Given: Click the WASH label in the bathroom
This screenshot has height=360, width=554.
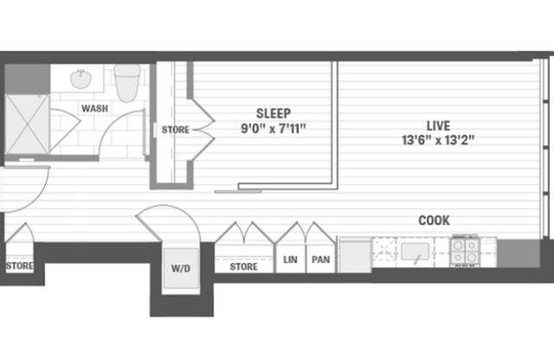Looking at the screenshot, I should click(93, 109).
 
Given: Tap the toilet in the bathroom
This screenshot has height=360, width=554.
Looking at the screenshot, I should click(128, 81).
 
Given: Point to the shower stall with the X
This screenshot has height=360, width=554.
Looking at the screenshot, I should click(26, 122).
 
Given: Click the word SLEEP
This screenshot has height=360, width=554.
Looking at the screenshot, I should click(273, 113).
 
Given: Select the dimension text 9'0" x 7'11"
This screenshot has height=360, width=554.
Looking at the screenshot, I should click(273, 128).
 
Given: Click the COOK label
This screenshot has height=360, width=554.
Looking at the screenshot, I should click(434, 221).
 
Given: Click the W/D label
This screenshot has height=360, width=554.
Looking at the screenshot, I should click(179, 267).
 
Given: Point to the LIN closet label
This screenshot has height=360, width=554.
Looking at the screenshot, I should click(290, 259).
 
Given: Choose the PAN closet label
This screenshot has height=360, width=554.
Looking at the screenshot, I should click(320, 259).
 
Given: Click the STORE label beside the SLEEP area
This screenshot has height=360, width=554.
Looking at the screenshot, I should click(175, 131).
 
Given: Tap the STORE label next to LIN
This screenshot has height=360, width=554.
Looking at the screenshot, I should click(243, 267).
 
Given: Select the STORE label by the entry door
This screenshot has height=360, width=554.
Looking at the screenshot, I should click(19, 267).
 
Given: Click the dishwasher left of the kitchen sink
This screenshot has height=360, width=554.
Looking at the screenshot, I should click(354, 254).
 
